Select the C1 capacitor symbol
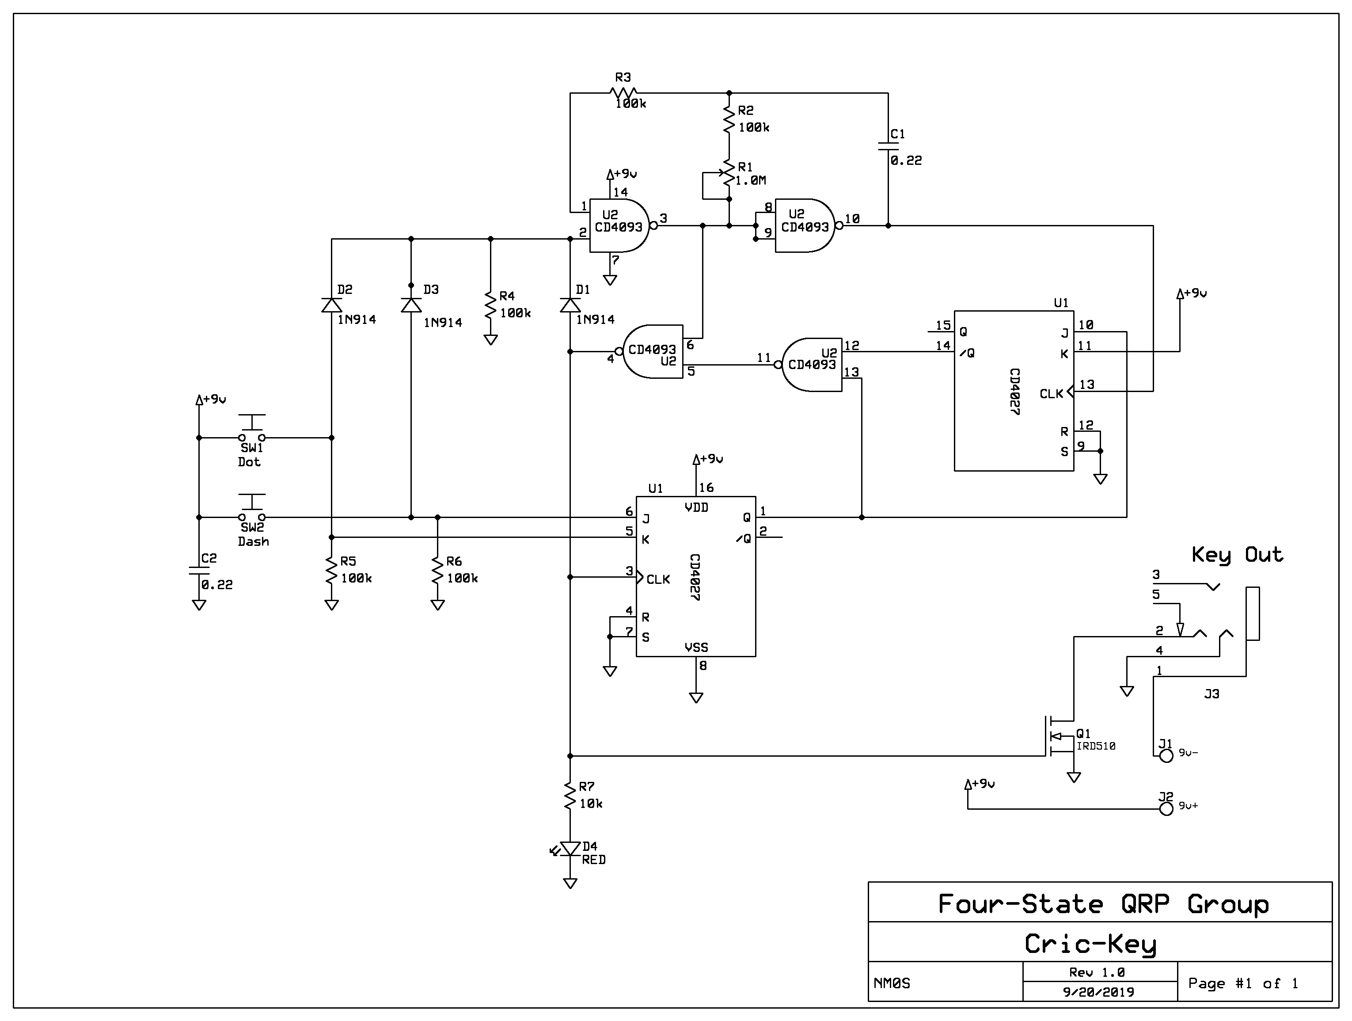pos(888,146)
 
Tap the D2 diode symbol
pos(332,305)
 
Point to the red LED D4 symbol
pos(570,849)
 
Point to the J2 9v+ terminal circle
pos(1166,809)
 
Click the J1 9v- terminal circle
pos(1166,756)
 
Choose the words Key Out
pos(1237,555)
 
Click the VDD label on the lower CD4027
pos(696,507)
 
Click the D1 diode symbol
pos(570,305)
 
